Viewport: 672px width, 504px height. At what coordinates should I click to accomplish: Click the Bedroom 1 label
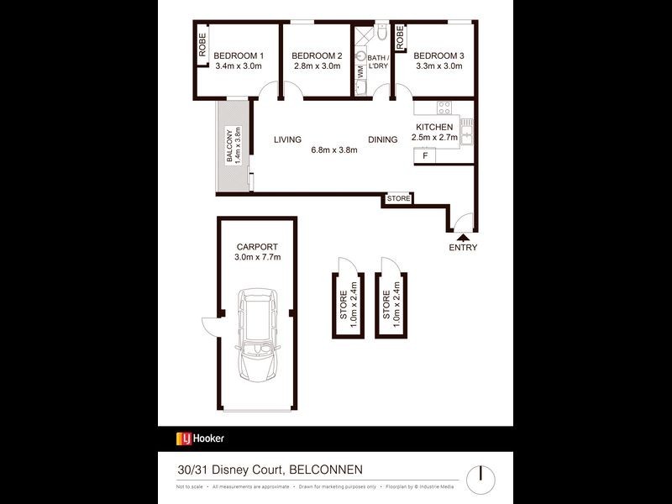click(x=239, y=56)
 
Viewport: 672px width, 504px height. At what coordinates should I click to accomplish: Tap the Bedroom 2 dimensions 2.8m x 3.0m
click(x=316, y=66)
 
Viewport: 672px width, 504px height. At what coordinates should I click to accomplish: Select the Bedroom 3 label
click(x=438, y=56)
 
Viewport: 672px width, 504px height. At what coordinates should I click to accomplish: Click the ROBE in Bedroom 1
click(x=202, y=44)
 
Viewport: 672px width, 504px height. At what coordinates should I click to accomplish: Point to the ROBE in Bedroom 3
click(x=401, y=37)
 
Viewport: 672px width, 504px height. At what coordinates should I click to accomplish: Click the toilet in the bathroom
click(x=381, y=34)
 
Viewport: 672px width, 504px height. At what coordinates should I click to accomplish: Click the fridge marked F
click(x=425, y=155)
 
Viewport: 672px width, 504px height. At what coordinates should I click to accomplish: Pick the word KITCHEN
click(x=434, y=127)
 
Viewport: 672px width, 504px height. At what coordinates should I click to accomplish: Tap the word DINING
click(x=382, y=140)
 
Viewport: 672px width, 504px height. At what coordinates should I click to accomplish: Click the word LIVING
click(x=287, y=140)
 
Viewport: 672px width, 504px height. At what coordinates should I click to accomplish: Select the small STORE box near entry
click(x=399, y=199)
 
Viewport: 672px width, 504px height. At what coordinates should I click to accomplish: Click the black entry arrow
click(x=463, y=238)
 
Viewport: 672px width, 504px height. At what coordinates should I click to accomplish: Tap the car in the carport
click(x=258, y=339)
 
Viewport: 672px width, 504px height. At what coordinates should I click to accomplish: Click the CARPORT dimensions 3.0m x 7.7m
click(x=257, y=257)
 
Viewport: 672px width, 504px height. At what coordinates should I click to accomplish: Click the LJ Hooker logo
click(x=199, y=438)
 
